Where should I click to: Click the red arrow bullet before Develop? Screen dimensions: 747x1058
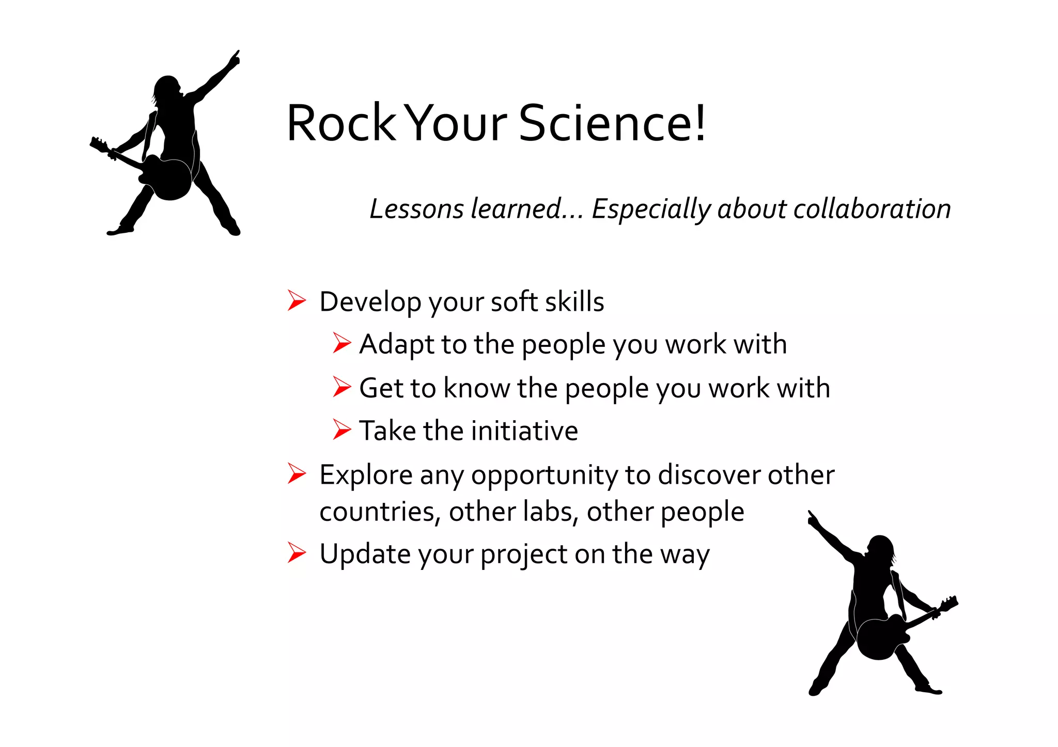297,300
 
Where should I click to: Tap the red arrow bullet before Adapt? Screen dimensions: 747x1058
341,343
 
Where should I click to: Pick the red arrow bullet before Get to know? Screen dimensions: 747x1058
341,387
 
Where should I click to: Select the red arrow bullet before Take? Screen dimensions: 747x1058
341,430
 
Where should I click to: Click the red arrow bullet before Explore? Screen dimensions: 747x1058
297,473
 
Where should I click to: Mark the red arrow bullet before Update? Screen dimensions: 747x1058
297,553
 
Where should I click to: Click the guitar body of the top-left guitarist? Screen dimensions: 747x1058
168,178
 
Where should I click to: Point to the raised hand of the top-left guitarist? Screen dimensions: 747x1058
234,59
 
